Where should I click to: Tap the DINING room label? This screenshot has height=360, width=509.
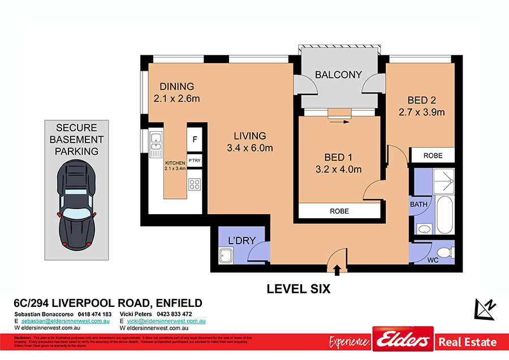tap(176, 86)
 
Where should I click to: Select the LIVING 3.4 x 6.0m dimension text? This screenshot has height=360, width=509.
tap(250, 149)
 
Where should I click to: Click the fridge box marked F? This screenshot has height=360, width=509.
tap(195, 138)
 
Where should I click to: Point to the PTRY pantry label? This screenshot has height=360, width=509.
tap(195, 161)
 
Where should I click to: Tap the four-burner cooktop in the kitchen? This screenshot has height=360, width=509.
tap(195, 184)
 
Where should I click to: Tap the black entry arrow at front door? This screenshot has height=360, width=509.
tap(337, 270)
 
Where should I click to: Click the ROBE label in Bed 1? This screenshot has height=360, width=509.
tap(339, 211)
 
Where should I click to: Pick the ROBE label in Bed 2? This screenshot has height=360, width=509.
tap(432, 155)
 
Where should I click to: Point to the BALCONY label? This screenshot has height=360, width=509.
tap(338, 75)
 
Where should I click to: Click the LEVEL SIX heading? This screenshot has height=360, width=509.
tap(298, 289)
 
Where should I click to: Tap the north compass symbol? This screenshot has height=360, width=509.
tap(485, 309)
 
